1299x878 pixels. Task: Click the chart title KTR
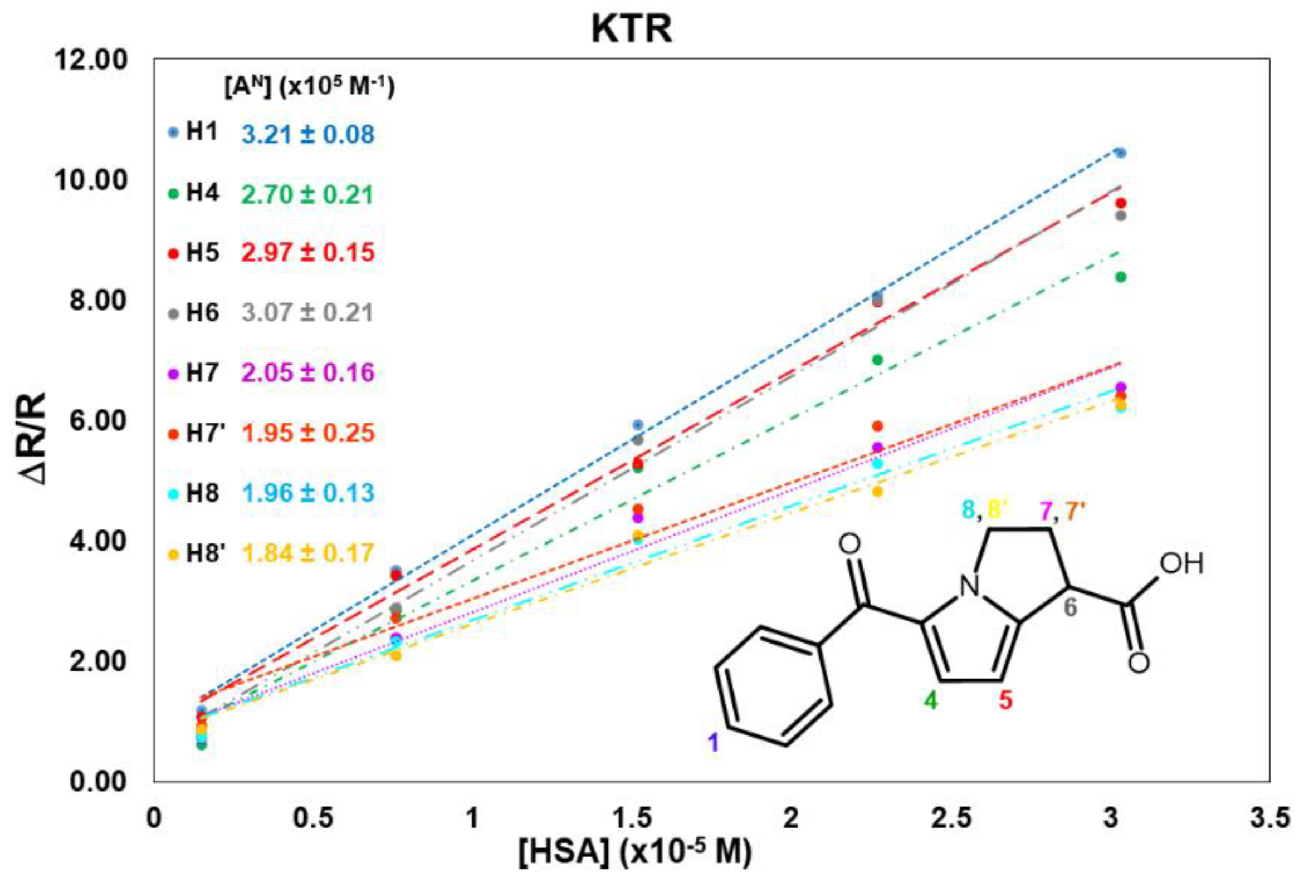632,30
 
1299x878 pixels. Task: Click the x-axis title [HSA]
634,852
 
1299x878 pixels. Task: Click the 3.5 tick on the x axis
1269,818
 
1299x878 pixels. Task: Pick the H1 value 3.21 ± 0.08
307,135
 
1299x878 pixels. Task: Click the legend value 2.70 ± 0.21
307,194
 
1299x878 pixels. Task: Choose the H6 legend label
202,313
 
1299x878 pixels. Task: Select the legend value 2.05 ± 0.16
307,372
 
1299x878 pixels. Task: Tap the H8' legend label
205,553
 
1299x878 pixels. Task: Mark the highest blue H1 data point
1120,153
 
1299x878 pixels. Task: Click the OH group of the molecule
1181,564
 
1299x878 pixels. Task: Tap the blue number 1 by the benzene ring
713,743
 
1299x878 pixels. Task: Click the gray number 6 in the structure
1070,607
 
